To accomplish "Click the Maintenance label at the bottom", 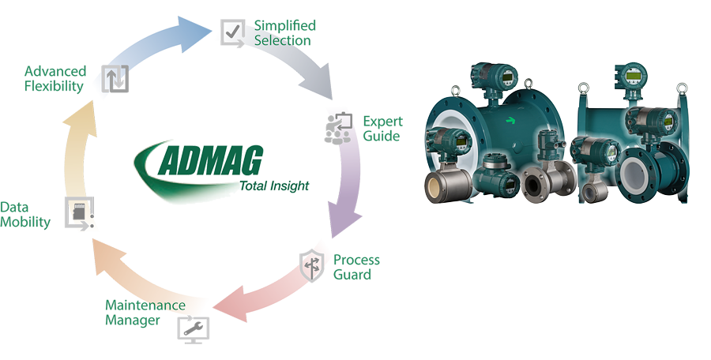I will pos(145,305).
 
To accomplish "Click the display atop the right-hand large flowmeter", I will pos(631,76).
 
